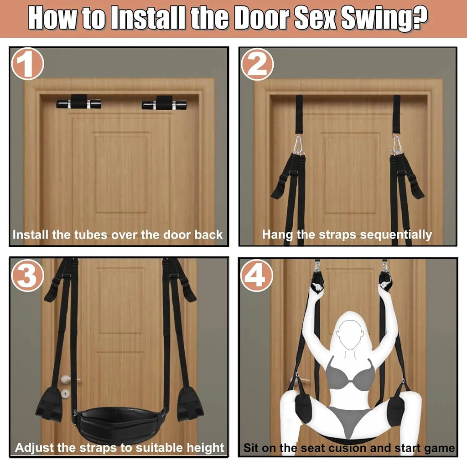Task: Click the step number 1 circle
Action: (x=28, y=66)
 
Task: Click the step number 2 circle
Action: (x=257, y=66)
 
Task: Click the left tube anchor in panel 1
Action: (x=78, y=103)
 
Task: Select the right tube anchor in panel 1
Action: (x=164, y=103)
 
